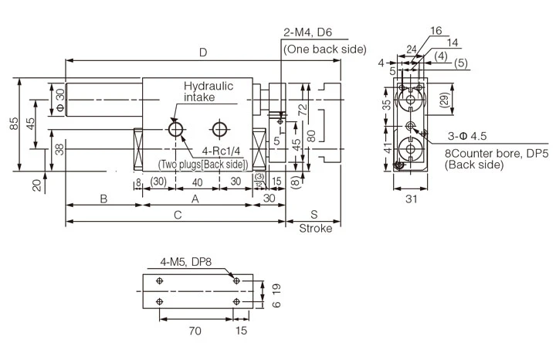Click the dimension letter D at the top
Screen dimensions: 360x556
click(x=203, y=53)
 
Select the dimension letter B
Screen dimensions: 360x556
click(x=103, y=199)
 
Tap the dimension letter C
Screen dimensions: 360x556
click(x=178, y=216)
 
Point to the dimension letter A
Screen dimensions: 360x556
click(x=195, y=199)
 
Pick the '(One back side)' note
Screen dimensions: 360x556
click(x=315, y=49)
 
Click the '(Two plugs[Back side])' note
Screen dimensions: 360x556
click(x=202, y=165)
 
